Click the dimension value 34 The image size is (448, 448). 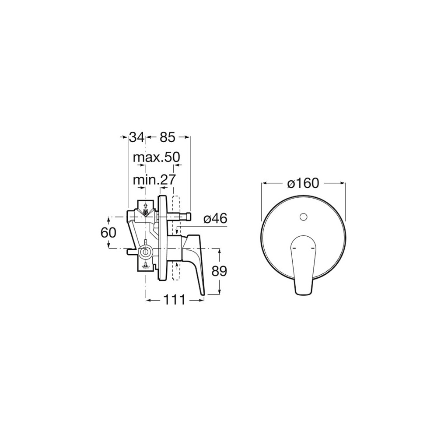point(136,137)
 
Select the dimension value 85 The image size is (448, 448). point(167,137)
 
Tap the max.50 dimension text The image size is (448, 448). point(156,157)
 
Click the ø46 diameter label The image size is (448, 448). point(216,218)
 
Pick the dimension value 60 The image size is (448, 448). point(108,232)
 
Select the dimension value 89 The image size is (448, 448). point(220,271)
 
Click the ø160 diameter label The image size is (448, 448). point(303,183)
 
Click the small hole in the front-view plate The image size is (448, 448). point(303,216)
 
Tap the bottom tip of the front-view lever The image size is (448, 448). point(302,293)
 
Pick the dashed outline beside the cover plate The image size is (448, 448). point(176,238)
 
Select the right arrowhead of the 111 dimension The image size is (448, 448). point(203,300)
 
